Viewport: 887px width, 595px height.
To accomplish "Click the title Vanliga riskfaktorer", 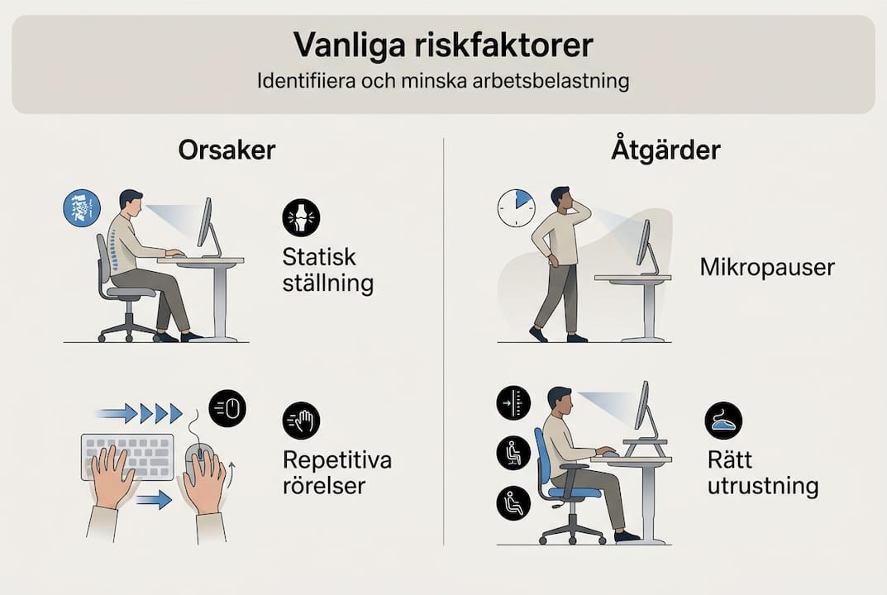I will tap(443, 45).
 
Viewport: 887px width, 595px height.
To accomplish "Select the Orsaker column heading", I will tap(227, 150).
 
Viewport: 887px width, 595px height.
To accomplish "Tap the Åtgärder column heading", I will tap(665, 150).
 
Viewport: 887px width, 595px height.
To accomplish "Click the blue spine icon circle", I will tap(82, 207).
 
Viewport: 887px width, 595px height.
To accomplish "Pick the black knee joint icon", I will tap(301, 217).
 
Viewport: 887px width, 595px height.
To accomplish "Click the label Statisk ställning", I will tap(328, 270).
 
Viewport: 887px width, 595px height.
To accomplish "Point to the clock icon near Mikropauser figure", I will tap(517, 208).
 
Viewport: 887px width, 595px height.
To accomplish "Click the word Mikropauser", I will tap(766, 268).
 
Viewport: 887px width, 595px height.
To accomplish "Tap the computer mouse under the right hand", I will tap(198, 463).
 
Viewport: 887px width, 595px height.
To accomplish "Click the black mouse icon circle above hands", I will tap(227, 407).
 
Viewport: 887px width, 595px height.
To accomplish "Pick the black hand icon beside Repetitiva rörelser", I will tap(301, 421).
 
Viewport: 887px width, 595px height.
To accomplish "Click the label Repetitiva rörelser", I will tap(336, 473).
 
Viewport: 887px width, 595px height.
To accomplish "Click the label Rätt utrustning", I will tap(762, 473).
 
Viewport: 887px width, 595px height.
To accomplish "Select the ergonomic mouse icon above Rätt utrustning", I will tap(723, 421).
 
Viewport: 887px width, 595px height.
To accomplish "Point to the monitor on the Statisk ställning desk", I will tap(205, 225).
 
